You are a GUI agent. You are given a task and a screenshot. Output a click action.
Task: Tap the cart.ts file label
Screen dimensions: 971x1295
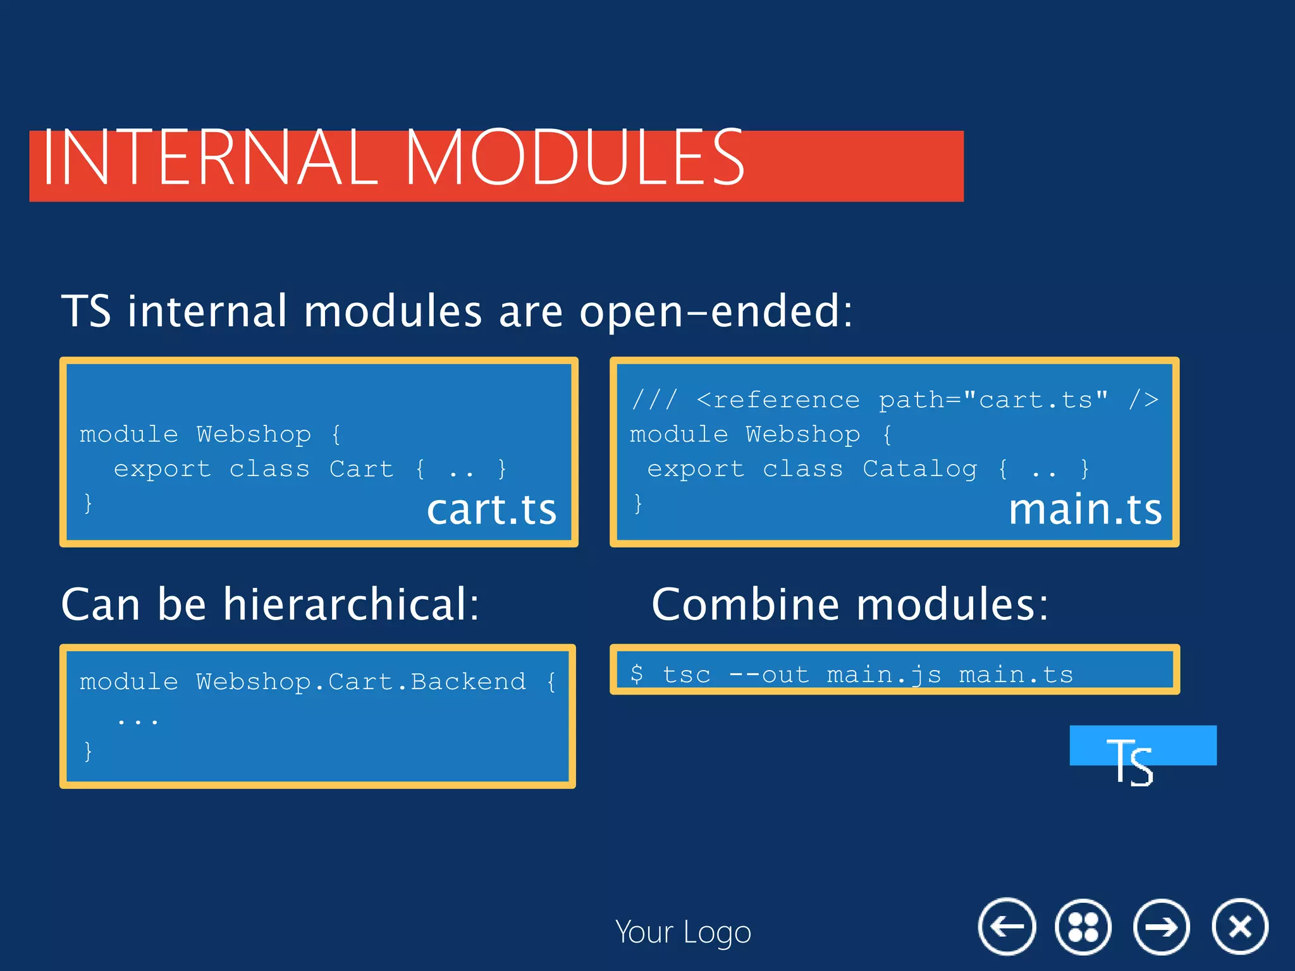(x=491, y=510)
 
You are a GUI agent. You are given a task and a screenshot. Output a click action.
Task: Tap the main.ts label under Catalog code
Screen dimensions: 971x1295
(x=1085, y=510)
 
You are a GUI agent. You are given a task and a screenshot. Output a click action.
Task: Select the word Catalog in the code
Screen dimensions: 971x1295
(x=920, y=469)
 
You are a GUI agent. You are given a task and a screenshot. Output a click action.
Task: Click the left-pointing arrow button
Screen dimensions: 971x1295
(x=1007, y=927)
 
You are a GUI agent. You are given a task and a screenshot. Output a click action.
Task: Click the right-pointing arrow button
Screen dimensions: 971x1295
(x=1162, y=927)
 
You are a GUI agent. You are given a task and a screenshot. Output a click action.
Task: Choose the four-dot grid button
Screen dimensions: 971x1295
(x=1083, y=927)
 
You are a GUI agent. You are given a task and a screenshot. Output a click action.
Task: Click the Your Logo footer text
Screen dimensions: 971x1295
(x=683, y=932)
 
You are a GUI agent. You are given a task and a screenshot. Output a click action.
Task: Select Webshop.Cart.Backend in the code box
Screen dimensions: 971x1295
(x=360, y=681)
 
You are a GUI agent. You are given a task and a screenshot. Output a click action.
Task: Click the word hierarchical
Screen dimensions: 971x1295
(x=351, y=604)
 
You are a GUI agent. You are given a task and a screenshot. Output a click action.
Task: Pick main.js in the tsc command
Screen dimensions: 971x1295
(x=884, y=675)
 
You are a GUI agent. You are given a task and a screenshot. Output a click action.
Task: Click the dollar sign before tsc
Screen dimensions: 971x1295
(x=637, y=674)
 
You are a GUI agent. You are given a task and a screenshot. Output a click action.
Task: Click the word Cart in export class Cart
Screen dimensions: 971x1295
(x=361, y=469)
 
